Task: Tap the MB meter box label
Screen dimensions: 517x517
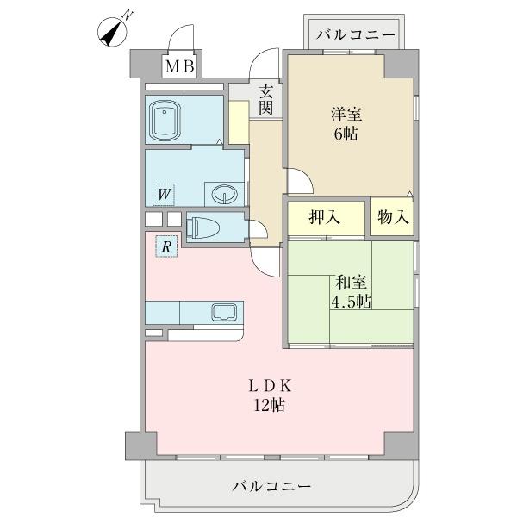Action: [180, 66]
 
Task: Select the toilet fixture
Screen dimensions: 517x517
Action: [205, 227]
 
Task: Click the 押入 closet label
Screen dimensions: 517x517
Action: [325, 216]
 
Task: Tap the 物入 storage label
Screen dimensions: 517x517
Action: [391, 216]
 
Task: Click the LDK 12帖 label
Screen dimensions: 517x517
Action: [270, 395]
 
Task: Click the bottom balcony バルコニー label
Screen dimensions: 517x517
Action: [271, 487]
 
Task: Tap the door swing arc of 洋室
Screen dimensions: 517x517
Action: [298, 180]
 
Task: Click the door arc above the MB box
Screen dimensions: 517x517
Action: [181, 40]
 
